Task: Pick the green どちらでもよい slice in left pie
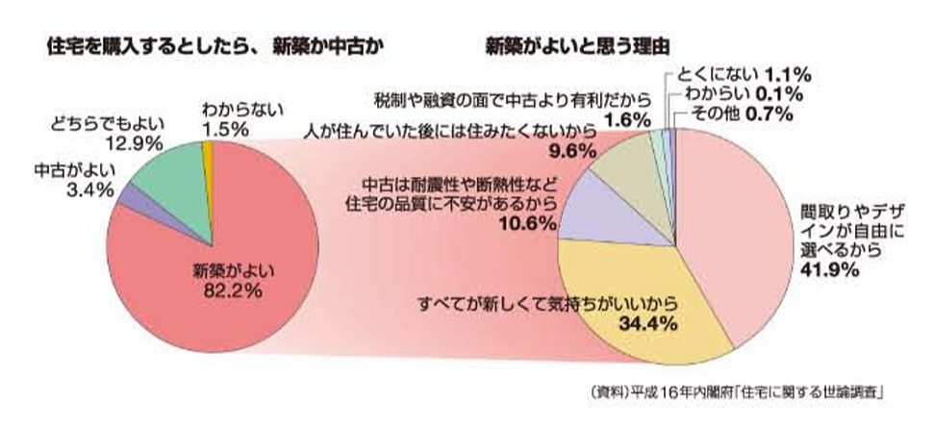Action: click(x=168, y=168)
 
